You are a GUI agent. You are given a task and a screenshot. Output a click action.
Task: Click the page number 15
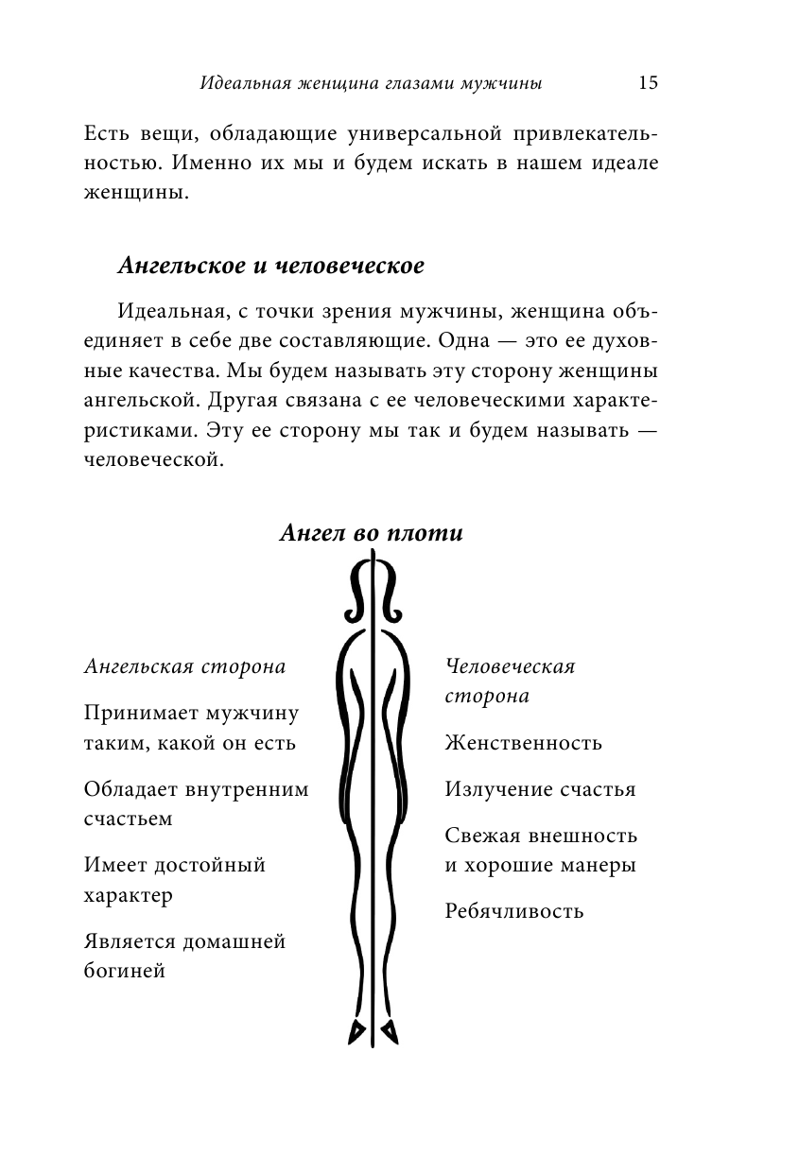pos(648,82)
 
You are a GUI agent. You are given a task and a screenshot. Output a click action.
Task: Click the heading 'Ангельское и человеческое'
pos(269,266)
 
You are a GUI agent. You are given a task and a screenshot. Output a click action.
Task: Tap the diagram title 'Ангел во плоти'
pos(372,533)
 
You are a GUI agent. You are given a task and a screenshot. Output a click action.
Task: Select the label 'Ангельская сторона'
pos(185,666)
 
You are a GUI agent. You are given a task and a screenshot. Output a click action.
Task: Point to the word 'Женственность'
pos(523,742)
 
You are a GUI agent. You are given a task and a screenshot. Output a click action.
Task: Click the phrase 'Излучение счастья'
pos(540,789)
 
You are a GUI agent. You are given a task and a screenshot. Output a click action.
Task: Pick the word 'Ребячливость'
pos(514,912)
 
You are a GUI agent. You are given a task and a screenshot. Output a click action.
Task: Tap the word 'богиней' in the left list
pos(125,970)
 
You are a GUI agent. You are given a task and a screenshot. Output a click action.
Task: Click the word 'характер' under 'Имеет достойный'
pos(128,894)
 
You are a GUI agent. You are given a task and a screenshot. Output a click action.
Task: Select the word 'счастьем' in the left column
pos(128,819)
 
